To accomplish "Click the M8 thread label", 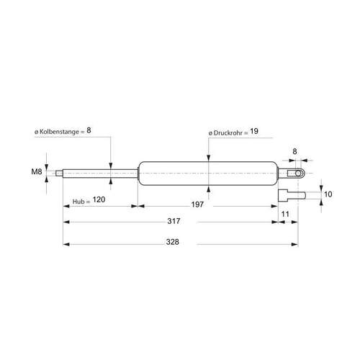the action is [37, 171].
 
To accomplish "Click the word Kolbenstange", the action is [59, 132].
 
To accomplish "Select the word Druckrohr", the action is [228, 133].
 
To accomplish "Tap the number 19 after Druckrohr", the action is [254, 131].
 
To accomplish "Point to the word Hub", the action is [78, 202].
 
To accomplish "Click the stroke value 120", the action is [99, 199].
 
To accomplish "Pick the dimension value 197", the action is [197, 204].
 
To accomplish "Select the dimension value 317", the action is [174, 221].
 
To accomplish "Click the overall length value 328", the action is [173, 242].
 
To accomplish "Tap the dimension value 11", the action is [285, 214].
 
